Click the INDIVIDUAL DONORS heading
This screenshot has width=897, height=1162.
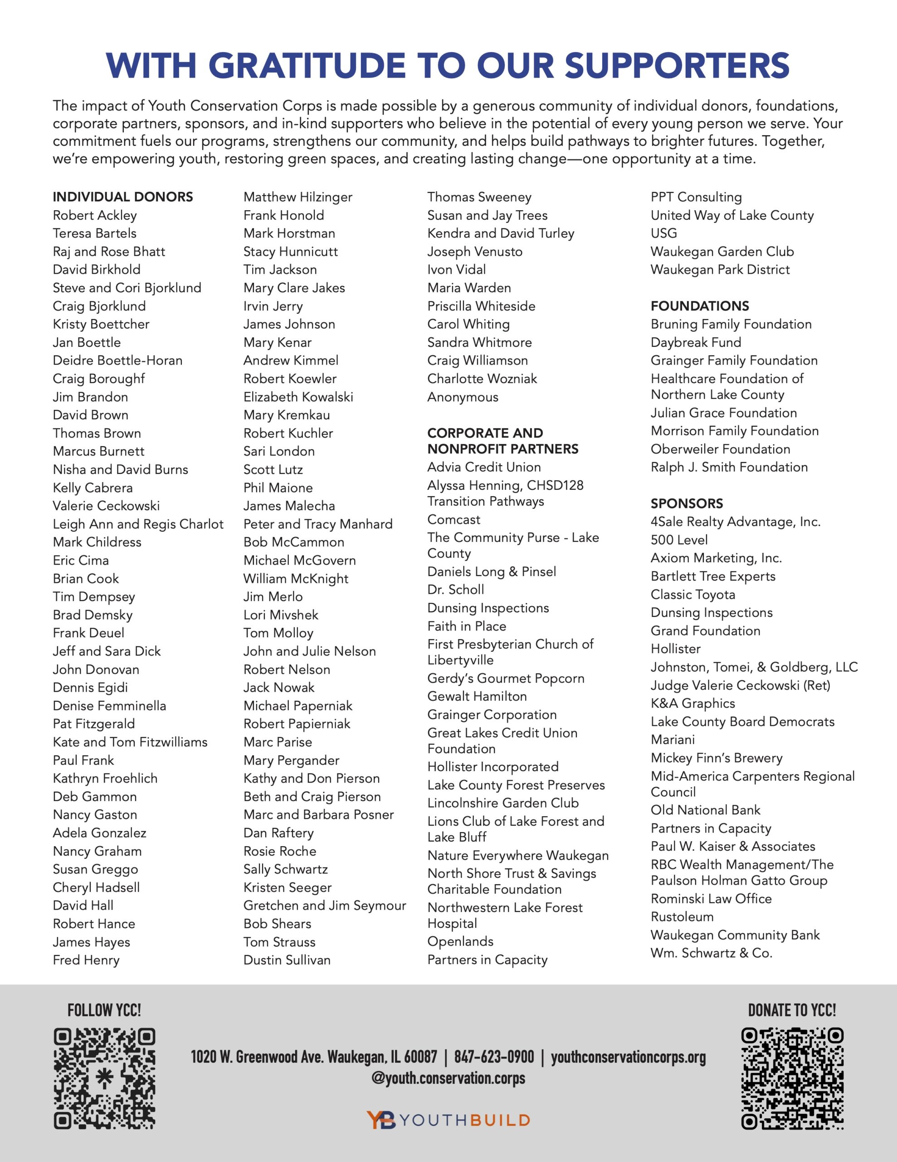click(x=123, y=197)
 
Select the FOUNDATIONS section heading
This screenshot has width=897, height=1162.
click(x=700, y=306)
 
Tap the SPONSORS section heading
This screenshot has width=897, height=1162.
click(x=687, y=503)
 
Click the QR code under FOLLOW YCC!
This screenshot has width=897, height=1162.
click(x=104, y=1078)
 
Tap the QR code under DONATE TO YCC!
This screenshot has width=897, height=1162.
click(x=792, y=1078)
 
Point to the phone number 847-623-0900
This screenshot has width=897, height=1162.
click(x=494, y=1057)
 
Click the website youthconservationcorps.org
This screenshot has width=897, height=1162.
click(x=628, y=1057)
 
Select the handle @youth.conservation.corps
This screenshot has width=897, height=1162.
click(x=448, y=1078)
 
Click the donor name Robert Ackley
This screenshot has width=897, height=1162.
click(x=95, y=216)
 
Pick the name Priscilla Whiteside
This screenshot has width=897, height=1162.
click(x=481, y=306)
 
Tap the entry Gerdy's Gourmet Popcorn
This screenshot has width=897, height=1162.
click(x=506, y=679)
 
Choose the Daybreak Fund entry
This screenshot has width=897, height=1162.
click(x=696, y=342)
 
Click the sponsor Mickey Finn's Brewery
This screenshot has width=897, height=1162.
click(x=716, y=758)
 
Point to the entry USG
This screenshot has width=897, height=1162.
click(x=663, y=233)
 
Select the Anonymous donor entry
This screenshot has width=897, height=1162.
click(x=463, y=397)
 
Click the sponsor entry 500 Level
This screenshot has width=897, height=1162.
click(x=679, y=540)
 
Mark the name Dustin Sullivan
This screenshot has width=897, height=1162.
click(x=287, y=960)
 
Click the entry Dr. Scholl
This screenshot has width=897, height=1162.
click(x=456, y=590)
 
